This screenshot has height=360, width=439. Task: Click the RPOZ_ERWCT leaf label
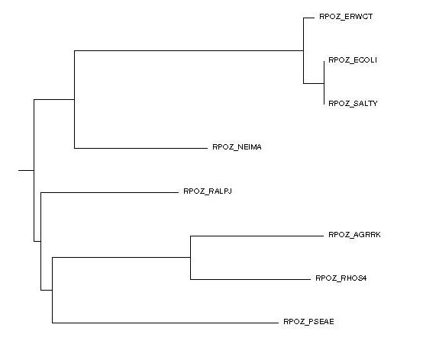point(346,17)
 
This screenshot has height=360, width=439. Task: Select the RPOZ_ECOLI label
point(353,60)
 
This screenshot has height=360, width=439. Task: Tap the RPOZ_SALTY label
point(353,104)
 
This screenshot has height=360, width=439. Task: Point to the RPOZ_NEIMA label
point(237,147)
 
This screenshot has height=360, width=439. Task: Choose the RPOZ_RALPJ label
point(208,191)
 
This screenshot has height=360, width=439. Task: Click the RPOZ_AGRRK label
point(354,235)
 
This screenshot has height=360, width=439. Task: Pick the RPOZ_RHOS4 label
point(341,278)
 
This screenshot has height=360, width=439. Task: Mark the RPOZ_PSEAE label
point(308,322)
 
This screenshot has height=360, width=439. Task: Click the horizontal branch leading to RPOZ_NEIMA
point(140,148)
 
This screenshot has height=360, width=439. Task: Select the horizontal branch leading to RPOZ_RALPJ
point(109,192)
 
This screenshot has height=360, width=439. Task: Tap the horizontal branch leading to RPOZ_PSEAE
point(165,323)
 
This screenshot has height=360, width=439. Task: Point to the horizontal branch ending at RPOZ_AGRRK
point(257,236)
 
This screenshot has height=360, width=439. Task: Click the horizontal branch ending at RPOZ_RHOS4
point(250,279)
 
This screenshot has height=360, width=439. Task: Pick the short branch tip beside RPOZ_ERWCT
point(309,18)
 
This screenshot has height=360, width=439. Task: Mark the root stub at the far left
point(26,170)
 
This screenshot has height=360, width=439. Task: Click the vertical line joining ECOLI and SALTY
point(324,83)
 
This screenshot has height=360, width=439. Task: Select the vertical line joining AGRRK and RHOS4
point(190,258)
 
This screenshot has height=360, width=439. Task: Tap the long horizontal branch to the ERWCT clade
point(189,50)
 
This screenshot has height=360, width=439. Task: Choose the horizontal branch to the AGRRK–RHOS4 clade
point(121,257)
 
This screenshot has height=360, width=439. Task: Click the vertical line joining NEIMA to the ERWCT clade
point(75,99)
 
